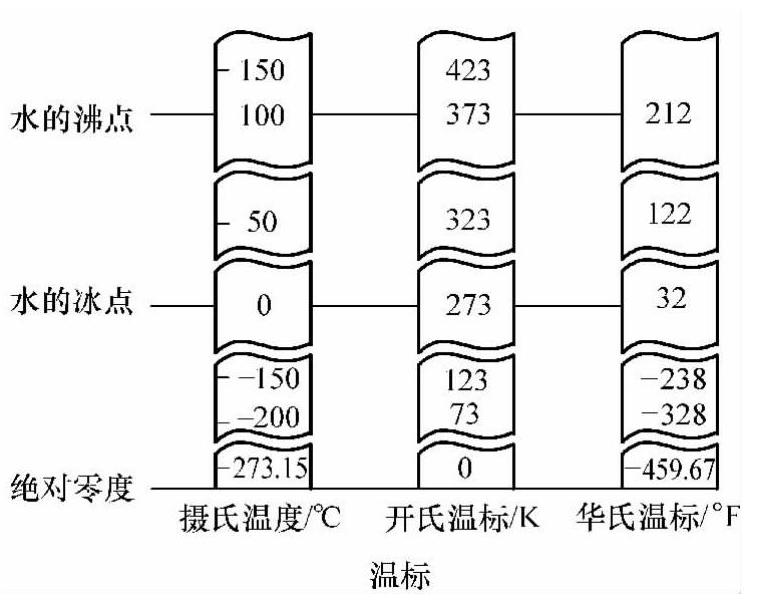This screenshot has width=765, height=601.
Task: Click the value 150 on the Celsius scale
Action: [263, 71]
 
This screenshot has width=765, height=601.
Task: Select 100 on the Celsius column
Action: [263, 115]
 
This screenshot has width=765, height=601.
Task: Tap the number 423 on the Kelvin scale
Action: [468, 71]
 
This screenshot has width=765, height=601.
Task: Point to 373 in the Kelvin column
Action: [468, 115]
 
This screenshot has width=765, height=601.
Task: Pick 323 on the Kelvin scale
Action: [468, 222]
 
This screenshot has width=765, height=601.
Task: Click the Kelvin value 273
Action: [468, 304]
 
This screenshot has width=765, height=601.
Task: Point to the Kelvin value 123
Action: [468, 381]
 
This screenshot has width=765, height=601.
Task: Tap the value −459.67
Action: [673, 466]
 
